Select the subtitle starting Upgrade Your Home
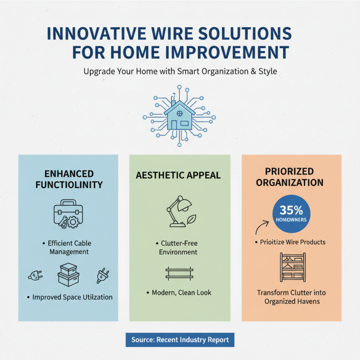[x=180, y=71]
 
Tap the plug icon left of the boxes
[x=36, y=275]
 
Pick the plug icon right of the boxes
[x=101, y=275]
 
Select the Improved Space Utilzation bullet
[x=69, y=297]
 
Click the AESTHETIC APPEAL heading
[x=179, y=175]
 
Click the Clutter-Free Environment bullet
[x=179, y=247]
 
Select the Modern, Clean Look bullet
[x=179, y=292]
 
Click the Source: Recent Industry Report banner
[x=180, y=340]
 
